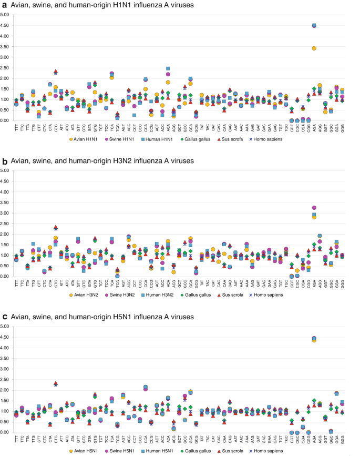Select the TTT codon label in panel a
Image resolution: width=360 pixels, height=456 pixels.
pos(16,128)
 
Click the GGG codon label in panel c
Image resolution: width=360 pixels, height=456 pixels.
pos(342,440)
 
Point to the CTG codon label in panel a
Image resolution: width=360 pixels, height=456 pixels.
pos(55,128)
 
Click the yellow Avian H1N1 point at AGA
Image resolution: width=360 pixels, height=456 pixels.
pos(314,48)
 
